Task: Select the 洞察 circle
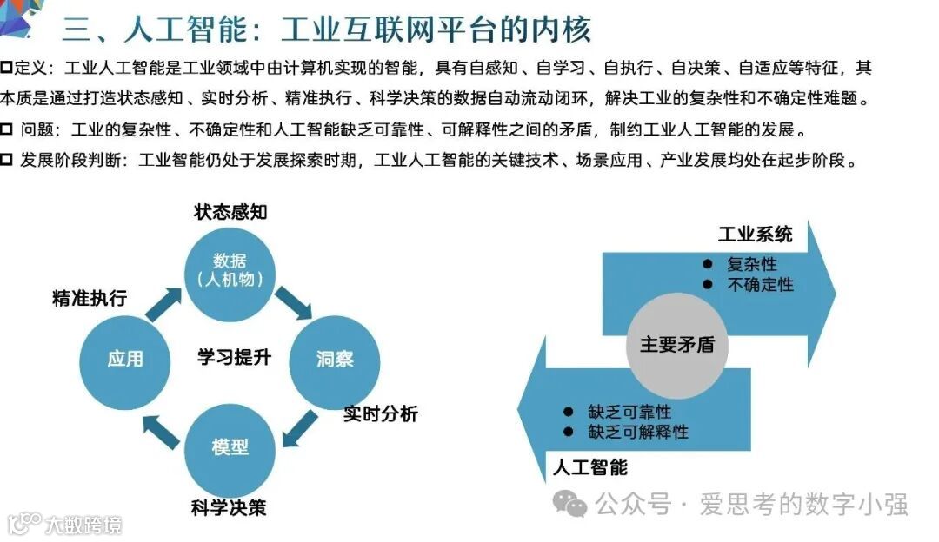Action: click(x=335, y=359)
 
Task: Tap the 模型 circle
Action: click(x=230, y=446)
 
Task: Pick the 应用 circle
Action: click(x=125, y=359)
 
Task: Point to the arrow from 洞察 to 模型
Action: click(x=300, y=426)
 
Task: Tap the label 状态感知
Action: click(x=230, y=212)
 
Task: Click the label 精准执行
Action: click(x=90, y=299)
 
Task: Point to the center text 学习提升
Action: click(x=234, y=357)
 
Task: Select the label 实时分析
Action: click(x=380, y=414)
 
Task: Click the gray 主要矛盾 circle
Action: click(x=677, y=344)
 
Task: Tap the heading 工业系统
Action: click(x=755, y=235)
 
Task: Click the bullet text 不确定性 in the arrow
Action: click(x=760, y=284)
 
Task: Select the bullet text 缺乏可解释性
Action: click(x=637, y=432)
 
